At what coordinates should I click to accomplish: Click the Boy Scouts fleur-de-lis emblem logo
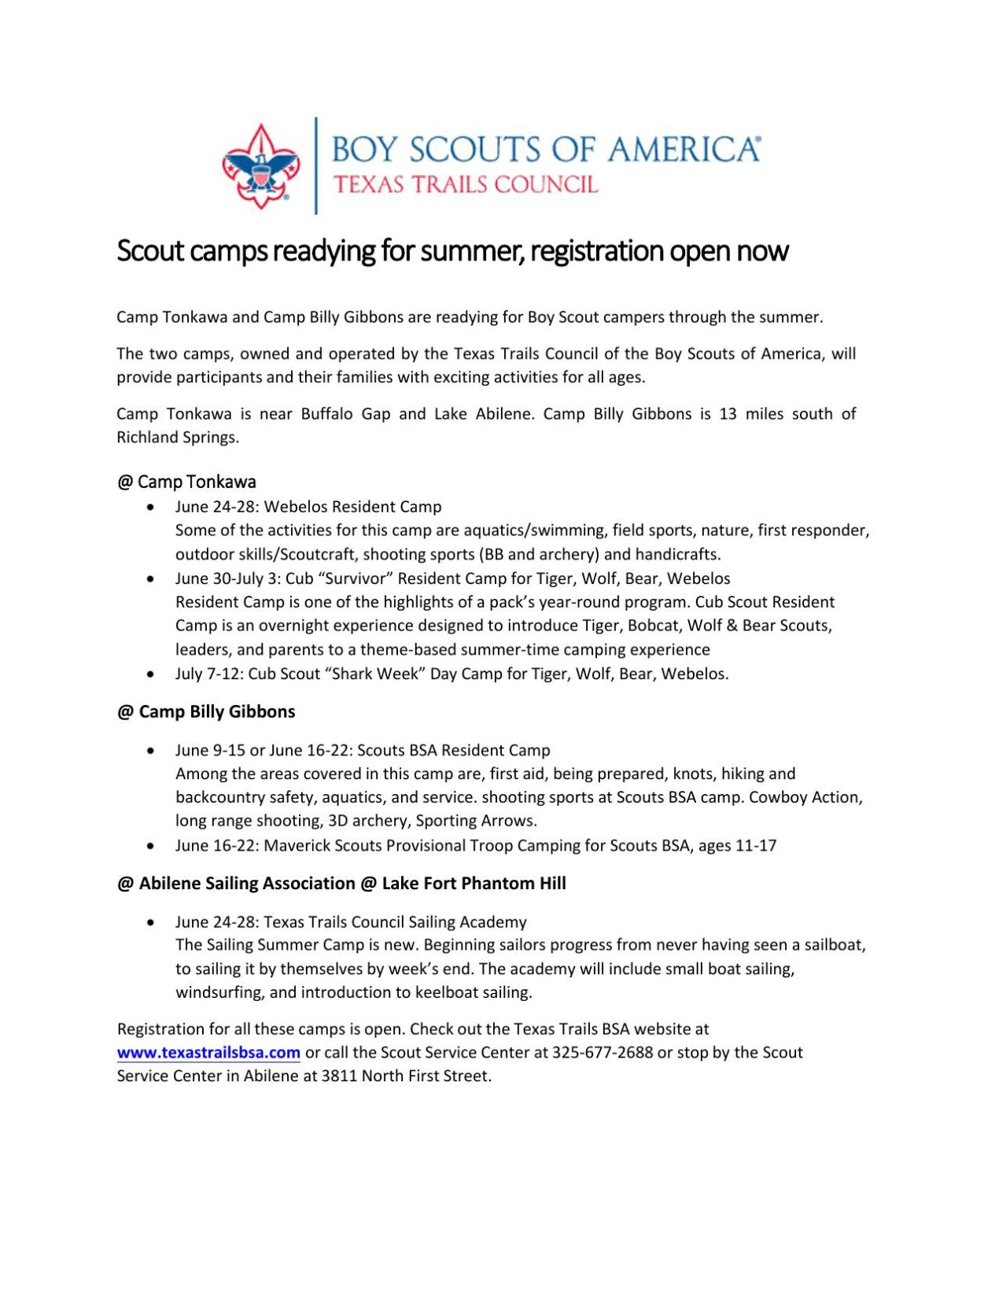[x=260, y=166]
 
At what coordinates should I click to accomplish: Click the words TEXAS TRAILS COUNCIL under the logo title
[x=466, y=185]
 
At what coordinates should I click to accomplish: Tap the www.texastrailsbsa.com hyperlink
[x=208, y=1052]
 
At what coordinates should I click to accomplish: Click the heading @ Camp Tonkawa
[x=186, y=482]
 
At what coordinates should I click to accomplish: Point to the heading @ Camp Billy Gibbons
[x=206, y=711]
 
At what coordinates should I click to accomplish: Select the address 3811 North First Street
[x=406, y=1076]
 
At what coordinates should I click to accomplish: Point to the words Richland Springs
[x=177, y=438]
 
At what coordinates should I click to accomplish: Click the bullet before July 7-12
[x=151, y=674]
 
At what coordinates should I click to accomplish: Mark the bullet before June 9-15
[x=151, y=751]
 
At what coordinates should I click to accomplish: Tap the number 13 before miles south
[x=728, y=414]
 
